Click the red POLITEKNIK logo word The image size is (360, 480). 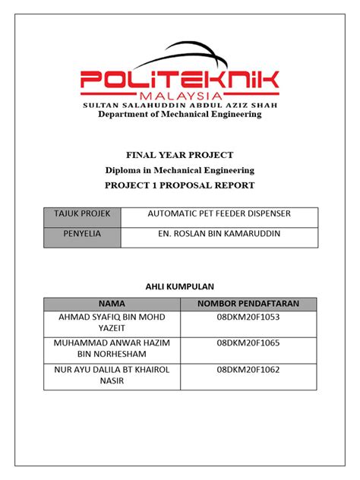pyautogui.click(x=179, y=80)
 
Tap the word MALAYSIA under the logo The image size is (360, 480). pyautogui.click(x=179, y=95)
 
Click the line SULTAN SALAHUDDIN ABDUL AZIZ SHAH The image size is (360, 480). pyautogui.click(x=179, y=105)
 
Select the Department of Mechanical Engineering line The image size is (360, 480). pyautogui.click(x=179, y=115)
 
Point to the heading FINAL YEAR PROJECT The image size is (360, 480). pyautogui.click(x=179, y=155)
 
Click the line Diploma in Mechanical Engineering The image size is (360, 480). pyautogui.click(x=179, y=170)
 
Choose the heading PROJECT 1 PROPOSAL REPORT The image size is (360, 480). pyautogui.click(x=179, y=185)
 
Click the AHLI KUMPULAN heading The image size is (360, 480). pyautogui.click(x=181, y=286)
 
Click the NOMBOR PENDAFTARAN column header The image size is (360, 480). pyautogui.click(x=248, y=304)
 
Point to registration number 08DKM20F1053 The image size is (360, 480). pyautogui.click(x=248, y=316)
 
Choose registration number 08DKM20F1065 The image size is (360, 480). pyautogui.click(x=248, y=343)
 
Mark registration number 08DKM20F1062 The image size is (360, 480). pyautogui.click(x=248, y=371)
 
